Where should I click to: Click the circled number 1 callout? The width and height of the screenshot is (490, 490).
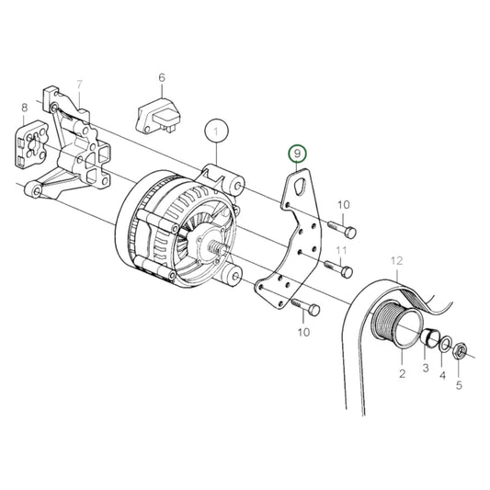tap(216, 131)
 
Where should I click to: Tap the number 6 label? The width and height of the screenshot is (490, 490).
tap(161, 78)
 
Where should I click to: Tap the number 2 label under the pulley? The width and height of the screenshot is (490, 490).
tap(402, 374)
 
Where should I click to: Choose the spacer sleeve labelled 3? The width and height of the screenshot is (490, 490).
tap(428, 341)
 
